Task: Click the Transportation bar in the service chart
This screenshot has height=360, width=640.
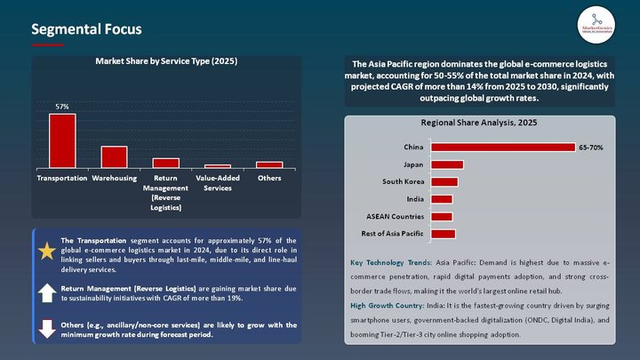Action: pos(62,140)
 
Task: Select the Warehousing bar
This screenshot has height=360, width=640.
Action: pos(114,156)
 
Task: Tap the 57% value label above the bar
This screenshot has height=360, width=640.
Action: pos(62,107)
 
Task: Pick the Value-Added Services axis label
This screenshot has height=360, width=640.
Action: pos(218,183)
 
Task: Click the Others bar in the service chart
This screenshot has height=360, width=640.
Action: pos(269,164)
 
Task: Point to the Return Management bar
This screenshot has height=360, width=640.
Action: pos(166,163)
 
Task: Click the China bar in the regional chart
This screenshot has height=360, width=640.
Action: pos(502,148)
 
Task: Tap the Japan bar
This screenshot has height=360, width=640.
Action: pos(446,164)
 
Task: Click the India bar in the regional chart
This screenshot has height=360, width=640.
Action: pos(441,199)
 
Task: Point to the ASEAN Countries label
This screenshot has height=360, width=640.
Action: pos(395,216)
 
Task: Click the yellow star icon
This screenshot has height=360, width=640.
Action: pos(47,251)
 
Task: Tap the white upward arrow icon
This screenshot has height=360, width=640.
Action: pos(47,292)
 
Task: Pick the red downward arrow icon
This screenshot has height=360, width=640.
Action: pos(47,328)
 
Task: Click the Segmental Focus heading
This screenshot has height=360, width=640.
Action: pos(86,29)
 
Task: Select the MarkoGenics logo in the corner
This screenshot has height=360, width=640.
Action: pos(596,24)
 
